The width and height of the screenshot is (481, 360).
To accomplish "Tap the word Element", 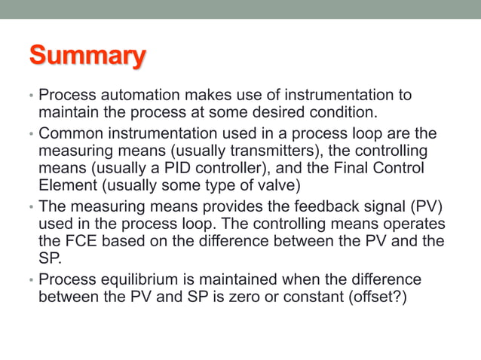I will click(66, 185).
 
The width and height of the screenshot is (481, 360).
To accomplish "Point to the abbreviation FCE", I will click(76, 241).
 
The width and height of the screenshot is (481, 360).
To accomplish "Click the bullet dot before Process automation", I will click(31, 97).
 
